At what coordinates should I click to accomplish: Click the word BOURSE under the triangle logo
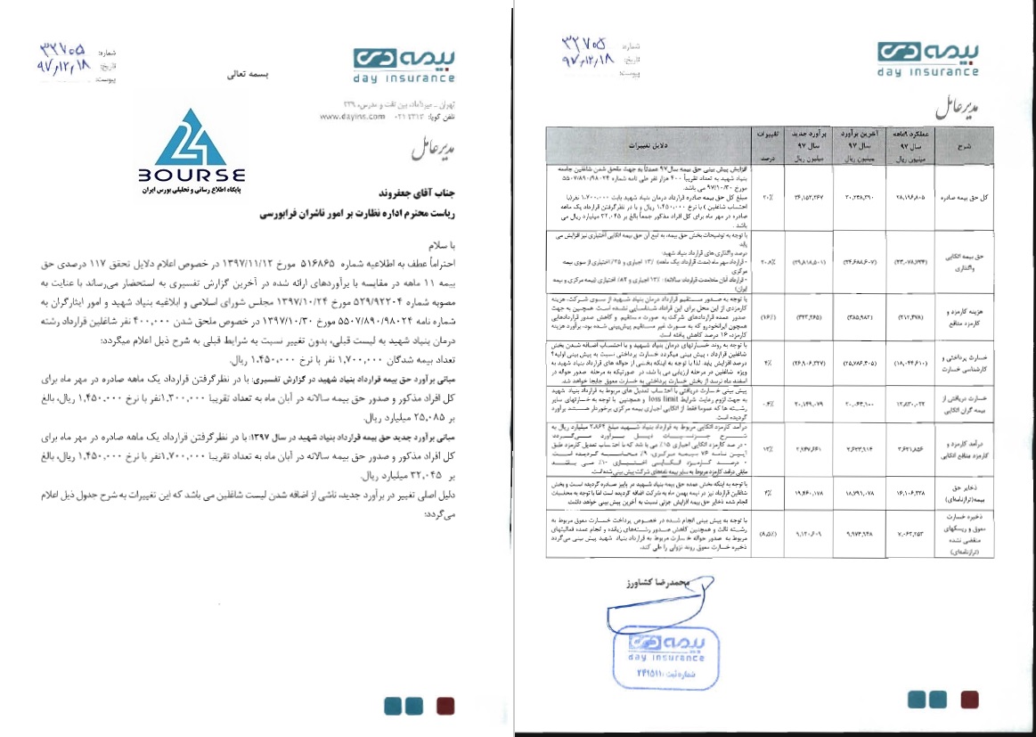[192, 176]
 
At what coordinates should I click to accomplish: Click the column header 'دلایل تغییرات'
[665, 143]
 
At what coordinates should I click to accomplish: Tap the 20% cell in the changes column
[767, 197]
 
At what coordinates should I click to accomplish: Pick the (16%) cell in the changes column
[767, 315]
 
